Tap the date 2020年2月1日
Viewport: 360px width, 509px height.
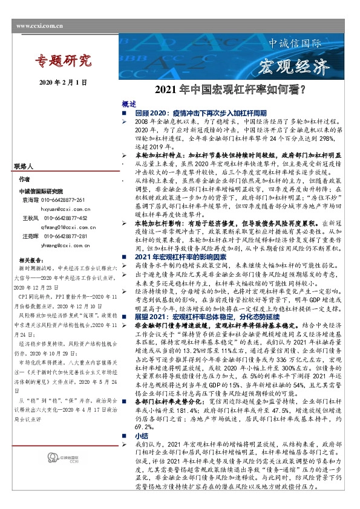point(63,82)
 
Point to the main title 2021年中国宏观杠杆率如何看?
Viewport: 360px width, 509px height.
point(230,91)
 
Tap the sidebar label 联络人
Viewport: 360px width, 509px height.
point(25,166)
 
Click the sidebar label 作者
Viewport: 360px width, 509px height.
point(24,180)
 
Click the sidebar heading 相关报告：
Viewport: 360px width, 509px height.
point(30,258)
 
